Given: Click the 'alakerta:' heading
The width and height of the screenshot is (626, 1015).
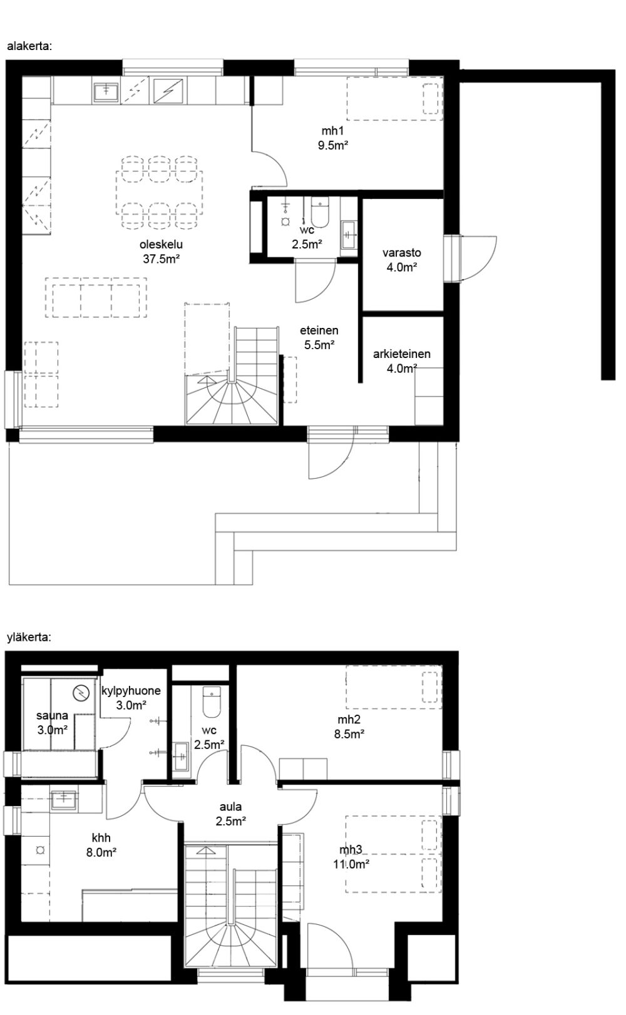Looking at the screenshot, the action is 30,46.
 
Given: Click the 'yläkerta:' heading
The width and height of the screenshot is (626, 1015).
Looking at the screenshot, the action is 29,638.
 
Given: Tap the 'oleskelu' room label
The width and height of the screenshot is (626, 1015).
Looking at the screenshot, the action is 161,245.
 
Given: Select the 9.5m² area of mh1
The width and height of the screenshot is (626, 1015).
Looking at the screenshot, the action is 333,145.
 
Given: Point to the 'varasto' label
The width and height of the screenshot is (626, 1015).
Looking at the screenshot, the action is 402,253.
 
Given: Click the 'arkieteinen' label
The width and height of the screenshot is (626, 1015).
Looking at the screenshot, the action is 402,354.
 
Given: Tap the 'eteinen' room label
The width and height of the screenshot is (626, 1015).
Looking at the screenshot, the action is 319,330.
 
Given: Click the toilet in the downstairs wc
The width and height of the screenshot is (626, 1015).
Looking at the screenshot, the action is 320,213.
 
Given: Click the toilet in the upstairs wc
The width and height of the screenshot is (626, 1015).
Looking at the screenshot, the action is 212,701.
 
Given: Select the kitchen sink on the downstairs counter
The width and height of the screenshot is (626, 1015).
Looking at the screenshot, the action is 106,93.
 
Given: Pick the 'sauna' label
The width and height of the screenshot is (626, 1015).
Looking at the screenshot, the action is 52,715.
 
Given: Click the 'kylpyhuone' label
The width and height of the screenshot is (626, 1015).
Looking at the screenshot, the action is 131,691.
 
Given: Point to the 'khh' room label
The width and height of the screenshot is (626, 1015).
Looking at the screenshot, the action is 101,838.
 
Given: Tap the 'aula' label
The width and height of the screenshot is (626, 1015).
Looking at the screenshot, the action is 231,807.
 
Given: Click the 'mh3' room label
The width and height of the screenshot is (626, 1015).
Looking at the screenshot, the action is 351,850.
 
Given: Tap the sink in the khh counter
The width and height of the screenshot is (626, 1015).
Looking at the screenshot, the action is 64,800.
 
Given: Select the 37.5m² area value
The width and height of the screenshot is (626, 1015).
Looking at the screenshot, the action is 162,259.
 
